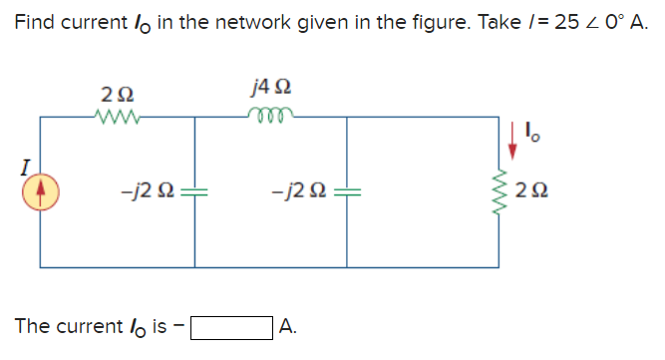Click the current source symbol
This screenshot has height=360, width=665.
point(40,190)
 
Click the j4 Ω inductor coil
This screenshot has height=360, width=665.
point(271,117)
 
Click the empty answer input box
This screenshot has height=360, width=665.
point(232,327)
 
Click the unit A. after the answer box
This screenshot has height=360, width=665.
point(288,326)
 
